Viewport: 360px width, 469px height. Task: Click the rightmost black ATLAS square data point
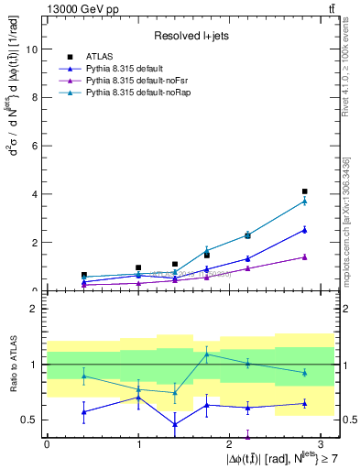click(x=304, y=191)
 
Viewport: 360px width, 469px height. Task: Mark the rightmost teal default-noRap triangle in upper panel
click(x=304, y=201)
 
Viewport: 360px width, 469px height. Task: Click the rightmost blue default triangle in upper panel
click(x=304, y=230)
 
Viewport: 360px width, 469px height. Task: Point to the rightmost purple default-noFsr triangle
click(x=304, y=257)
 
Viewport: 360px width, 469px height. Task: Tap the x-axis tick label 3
click(x=322, y=442)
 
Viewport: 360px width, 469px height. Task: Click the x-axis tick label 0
click(x=47, y=442)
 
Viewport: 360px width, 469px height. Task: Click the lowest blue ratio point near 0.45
click(x=175, y=424)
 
